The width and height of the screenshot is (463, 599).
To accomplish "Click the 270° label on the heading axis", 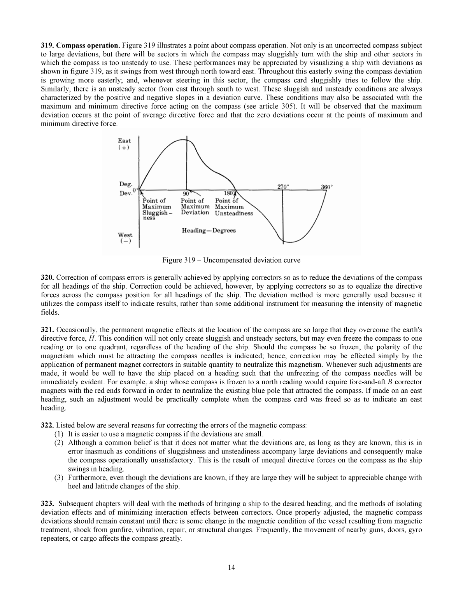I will (283, 186).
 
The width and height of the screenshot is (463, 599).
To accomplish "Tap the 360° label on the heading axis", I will (327, 186).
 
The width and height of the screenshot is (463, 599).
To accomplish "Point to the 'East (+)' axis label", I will (125, 144).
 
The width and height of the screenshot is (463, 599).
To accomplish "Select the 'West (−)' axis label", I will (125, 238).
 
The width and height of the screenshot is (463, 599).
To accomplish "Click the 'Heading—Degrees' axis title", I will (209, 231).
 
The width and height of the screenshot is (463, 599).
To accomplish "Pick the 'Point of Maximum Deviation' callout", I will (195, 207).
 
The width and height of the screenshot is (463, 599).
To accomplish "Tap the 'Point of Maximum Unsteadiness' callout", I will (233, 207).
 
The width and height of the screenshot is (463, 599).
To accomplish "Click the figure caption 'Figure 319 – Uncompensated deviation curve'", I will (231, 260).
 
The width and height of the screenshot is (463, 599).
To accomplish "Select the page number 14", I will (231, 567).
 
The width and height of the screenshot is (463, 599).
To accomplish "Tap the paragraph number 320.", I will (47, 278).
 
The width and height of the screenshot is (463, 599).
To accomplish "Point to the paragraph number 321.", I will (47, 330).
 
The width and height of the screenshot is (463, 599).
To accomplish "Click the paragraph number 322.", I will (47, 426).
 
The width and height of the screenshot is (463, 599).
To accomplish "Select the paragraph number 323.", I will (47, 504).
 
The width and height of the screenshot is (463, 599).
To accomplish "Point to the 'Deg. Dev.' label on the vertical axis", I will (126, 189).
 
